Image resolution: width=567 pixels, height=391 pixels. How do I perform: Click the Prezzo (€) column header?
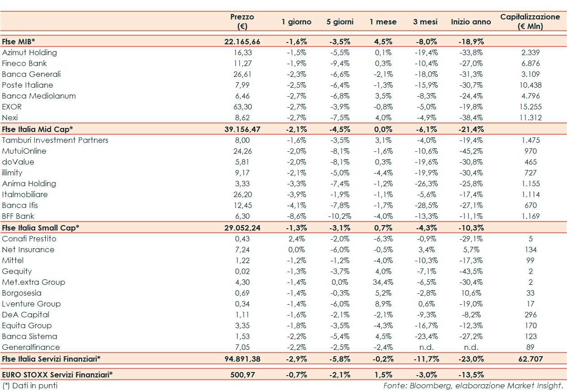(242, 21)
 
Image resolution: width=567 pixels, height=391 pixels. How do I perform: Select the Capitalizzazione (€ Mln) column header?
(530, 21)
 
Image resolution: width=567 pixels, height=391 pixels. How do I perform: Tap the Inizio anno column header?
(471, 22)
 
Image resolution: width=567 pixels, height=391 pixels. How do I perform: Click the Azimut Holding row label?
(29, 52)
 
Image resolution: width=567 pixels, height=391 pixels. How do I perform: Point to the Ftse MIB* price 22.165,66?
(242, 42)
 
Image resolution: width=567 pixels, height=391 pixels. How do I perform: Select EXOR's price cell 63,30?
(242, 107)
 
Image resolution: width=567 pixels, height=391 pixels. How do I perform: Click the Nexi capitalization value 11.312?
(530, 118)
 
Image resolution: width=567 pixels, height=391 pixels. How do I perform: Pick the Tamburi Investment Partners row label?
(55, 140)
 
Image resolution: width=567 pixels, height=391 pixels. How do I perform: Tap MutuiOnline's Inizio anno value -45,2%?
(471, 151)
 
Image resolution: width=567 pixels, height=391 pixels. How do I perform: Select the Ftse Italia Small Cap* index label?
(41, 228)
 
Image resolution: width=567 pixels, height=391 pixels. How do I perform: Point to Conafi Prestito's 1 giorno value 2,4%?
(297, 239)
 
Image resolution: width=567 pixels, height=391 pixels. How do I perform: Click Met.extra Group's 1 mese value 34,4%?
(383, 282)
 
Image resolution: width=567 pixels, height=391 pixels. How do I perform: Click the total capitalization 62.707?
(530, 359)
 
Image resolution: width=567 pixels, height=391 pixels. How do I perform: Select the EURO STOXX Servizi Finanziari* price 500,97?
(242, 374)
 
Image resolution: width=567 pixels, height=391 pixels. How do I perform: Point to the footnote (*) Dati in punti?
(30, 386)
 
